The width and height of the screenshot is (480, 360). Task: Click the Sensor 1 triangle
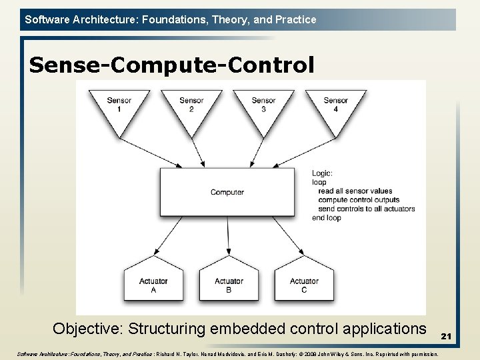coord(119,107)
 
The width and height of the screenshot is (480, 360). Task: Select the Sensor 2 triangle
coord(191,107)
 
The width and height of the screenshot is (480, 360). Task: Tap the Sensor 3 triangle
coord(263,107)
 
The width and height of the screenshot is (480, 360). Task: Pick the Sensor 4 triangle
coord(335,107)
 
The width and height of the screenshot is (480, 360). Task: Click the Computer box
coord(227,192)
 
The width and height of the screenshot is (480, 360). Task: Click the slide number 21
coord(446,337)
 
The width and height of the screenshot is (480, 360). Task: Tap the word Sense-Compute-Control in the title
coord(171,65)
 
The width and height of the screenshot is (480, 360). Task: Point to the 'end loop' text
coord(327,217)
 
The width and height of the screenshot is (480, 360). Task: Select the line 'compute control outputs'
coord(359,200)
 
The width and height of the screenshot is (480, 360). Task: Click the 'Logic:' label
coord(322,173)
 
